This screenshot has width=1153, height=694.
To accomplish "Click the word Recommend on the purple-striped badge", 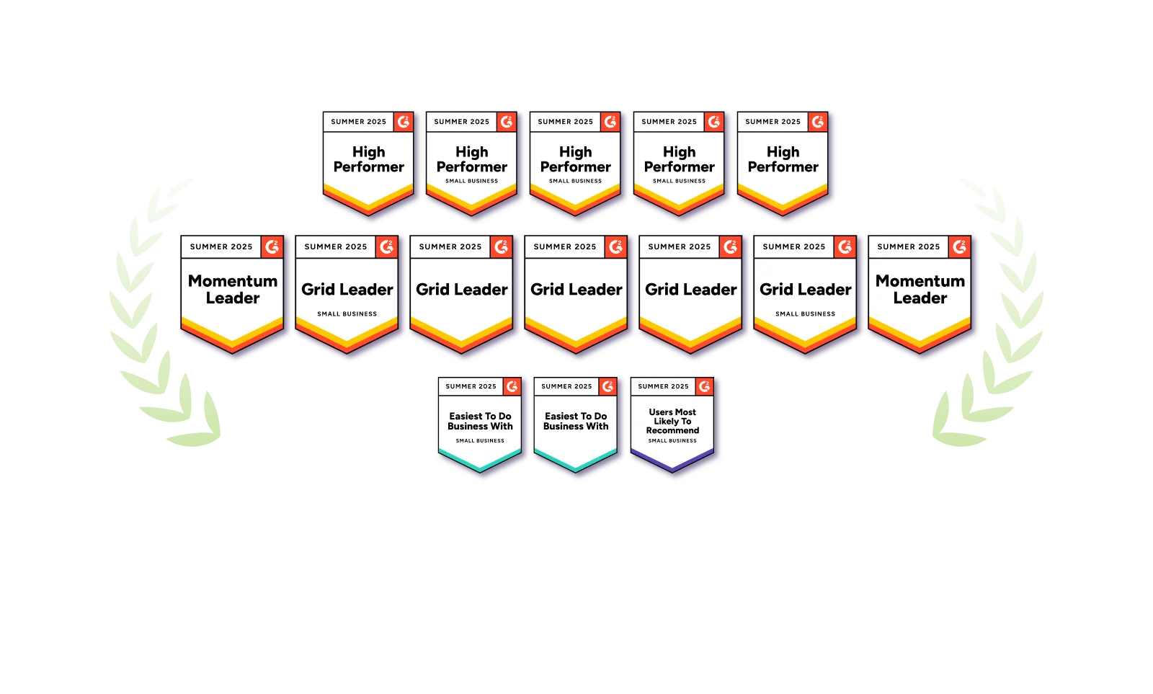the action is pos(672,430).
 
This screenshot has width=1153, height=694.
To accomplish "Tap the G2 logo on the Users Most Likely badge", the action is pos(705,386).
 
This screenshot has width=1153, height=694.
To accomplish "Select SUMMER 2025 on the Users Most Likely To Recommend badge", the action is pos(663,386).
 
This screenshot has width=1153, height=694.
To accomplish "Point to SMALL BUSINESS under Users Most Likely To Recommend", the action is pos(672,441).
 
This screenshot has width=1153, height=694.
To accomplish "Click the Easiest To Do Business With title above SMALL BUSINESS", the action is pos(480,421).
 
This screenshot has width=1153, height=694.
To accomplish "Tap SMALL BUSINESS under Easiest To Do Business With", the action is pos(480,441).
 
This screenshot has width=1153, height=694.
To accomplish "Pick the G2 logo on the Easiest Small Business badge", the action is pos(512,386).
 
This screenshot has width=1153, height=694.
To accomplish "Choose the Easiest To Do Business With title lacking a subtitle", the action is pos(576,421).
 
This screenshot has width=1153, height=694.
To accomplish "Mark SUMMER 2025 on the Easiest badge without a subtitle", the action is pos(566,386).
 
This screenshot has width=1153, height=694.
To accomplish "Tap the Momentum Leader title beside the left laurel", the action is pos(233,289).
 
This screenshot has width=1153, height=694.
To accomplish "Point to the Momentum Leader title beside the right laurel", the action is pos(920,289).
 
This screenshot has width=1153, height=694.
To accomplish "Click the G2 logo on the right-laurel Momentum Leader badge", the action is pos(959,246).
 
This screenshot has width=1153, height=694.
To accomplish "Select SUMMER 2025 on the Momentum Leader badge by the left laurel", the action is pos(221,246).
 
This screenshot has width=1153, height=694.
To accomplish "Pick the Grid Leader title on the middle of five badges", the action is pos(576,289).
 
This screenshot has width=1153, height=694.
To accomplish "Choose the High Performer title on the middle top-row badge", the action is pos(576,159).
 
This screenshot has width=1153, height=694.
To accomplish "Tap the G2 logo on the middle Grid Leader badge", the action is pos(615,246).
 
